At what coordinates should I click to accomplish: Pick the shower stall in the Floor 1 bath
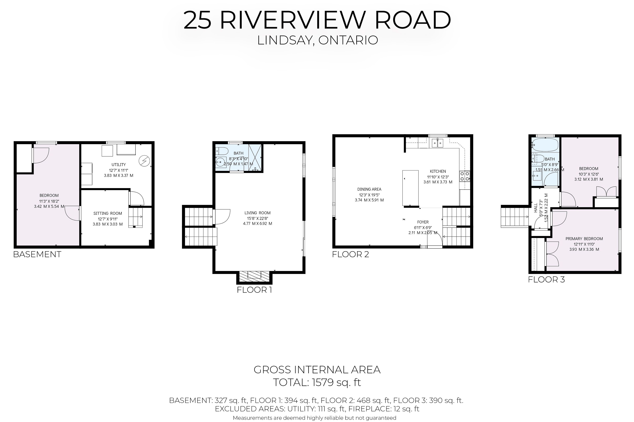[255, 157]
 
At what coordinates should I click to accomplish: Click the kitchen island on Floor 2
[410, 188]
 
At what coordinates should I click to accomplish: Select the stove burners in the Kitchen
[465, 176]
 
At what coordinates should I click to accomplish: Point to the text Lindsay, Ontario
[317, 40]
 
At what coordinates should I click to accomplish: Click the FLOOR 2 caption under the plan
[351, 254]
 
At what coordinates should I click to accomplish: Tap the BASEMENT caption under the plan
[37, 254]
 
